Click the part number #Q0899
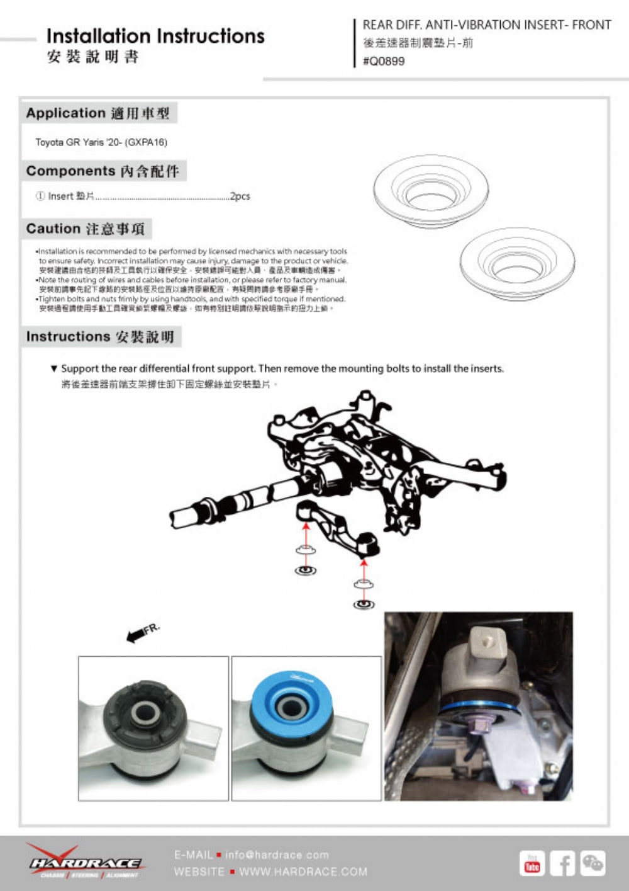(384, 61)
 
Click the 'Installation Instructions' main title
(155, 36)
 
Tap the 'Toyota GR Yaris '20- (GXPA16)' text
(101, 142)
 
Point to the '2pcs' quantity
(240, 196)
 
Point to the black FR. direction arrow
(135, 637)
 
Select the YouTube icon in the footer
(532, 863)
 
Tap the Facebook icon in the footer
(562, 863)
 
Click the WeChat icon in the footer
(593, 863)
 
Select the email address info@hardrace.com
(277, 855)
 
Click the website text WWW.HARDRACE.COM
(303, 872)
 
